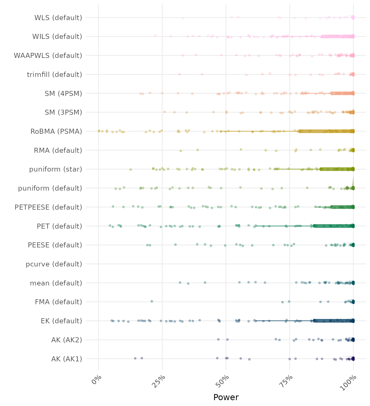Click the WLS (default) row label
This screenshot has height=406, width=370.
tap(58, 18)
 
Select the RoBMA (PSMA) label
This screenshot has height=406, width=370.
tap(56, 131)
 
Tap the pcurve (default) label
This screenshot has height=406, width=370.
tap(54, 264)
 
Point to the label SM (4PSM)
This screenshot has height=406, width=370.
tap(63, 94)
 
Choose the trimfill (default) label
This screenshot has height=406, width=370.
tap(54, 75)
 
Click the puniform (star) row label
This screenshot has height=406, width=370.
tap(55, 169)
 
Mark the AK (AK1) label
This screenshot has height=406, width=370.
tap(67, 359)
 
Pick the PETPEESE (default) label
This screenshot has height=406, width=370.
tap(48, 207)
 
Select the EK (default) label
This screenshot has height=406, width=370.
tap(61, 321)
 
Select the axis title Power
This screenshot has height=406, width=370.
tap(226, 397)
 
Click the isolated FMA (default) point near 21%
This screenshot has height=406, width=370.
tap(152, 301)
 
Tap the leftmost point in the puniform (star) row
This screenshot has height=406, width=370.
tap(131, 169)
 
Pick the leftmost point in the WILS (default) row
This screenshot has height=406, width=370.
tap(155, 35)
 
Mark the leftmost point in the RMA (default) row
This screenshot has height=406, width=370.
tap(181, 151)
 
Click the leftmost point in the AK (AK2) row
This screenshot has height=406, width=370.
tap(218, 339)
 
